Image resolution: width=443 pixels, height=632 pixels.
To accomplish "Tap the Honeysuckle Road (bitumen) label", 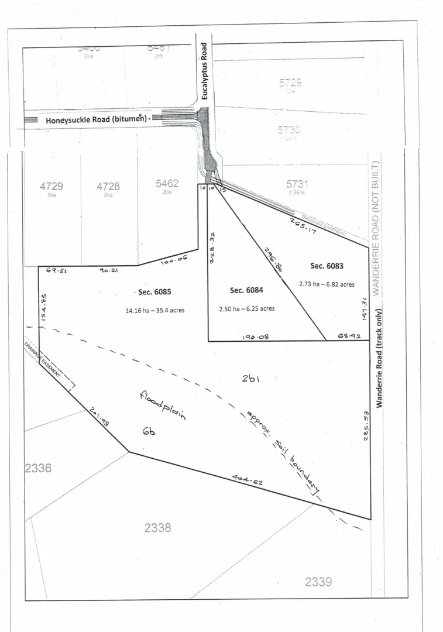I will pyautogui.click(x=95, y=120).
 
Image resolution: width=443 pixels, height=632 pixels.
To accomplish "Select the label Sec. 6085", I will pyautogui.click(x=155, y=291).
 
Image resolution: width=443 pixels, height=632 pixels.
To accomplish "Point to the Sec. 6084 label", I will pyautogui.click(x=245, y=290).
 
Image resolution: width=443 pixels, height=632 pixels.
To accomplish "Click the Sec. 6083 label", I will pyautogui.click(x=327, y=266).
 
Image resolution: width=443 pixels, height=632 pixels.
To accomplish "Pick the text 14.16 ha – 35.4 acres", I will pyautogui.click(x=155, y=310).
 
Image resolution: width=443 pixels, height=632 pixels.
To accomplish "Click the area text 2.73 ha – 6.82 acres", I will pyautogui.click(x=326, y=284).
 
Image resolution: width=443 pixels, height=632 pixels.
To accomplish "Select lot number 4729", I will pyautogui.click(x=51, y=186).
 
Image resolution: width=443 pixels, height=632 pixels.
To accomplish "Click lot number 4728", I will pyautogui.click(x=108, y=186).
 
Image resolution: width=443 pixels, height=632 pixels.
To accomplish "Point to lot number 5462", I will pyautogui.click(x=167, y=183).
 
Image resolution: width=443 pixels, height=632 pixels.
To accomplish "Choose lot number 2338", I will pyautogui.click(x=158, y=528).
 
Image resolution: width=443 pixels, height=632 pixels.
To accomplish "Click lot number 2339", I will pyautogui.click(x=318, y=582).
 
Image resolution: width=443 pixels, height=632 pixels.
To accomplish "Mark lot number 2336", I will pyautogui.click(x=38, y=468).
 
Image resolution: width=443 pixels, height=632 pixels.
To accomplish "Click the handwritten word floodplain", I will pyautogui.click(x=163, y=406).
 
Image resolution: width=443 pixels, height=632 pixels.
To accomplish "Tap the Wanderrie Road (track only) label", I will pyautogui.click(x=379, y=358).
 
